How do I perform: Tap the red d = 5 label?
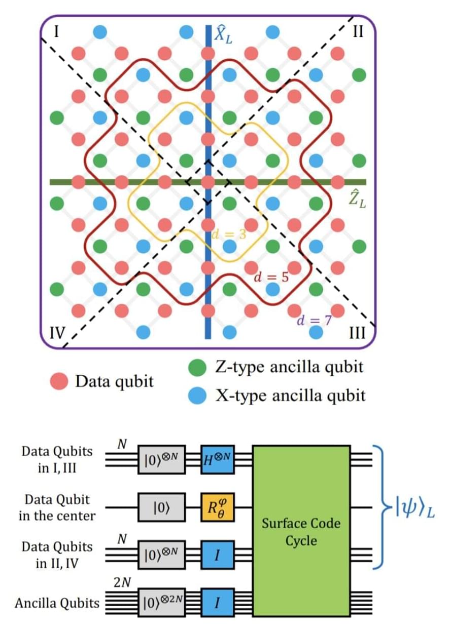tap(271, 277)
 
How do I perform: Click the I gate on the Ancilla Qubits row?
tap(217, 602)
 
